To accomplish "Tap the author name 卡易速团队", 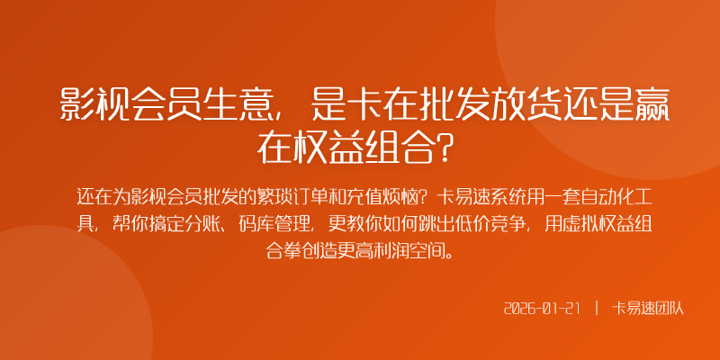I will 648,308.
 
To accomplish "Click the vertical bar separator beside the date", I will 596,308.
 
